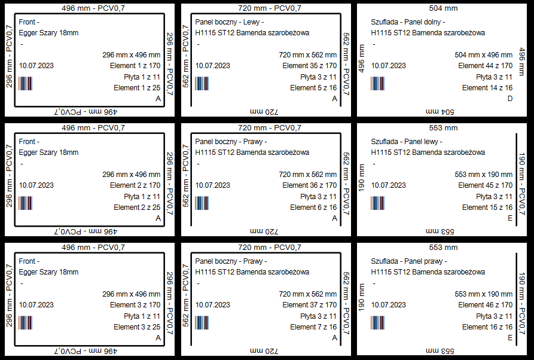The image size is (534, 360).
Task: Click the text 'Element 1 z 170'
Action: pos(135,66)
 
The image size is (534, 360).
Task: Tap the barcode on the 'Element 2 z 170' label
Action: pos(25,203)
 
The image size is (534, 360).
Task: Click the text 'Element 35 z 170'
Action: pos(309,66)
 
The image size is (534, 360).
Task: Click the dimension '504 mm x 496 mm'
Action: pos(483,55)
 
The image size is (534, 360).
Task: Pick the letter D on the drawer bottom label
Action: pos(509,99)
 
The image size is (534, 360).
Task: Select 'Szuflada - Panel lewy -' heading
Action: pos(406,142)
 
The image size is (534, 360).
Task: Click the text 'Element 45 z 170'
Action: pos(485,185)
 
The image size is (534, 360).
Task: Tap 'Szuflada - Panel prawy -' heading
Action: pos(408,261)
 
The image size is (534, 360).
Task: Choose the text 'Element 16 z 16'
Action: pos(487,327)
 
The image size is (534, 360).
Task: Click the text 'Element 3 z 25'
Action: pos(137,327)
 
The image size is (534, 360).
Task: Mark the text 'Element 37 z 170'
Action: pos(309,305)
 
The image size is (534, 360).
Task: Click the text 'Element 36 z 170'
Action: pos(309,185)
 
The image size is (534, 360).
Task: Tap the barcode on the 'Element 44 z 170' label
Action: pos(377,83)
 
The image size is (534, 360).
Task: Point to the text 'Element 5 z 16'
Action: pos(313,88)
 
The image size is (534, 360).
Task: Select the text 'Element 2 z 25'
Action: pos(137,208)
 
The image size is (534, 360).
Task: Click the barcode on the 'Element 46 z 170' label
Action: pos(377,322)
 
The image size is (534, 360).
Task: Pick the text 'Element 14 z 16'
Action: pos(487,88)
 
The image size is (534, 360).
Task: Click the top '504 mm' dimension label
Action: pos(443,8)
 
